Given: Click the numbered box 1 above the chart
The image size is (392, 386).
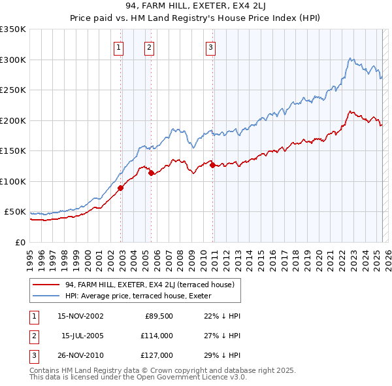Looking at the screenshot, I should (119, 46).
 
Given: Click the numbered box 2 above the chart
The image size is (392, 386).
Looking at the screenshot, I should (150, 46).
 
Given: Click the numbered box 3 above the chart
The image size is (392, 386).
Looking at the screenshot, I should (211, 46).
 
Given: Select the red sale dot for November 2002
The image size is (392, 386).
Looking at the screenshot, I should (121, 188).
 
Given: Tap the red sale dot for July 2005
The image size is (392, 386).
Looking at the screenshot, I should (151, 173).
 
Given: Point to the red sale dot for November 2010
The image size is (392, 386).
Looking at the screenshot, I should (213, 165).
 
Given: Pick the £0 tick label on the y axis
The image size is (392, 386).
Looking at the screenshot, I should (20, 242).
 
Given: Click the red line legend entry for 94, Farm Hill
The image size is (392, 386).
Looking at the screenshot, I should (153, 285).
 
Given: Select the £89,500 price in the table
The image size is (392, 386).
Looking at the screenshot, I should (159, 316).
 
